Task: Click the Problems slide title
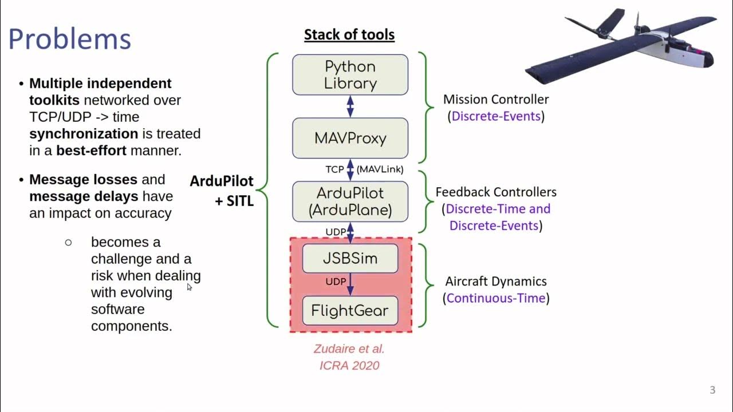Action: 70,39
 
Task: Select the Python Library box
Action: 350,75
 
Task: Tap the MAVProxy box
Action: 350,138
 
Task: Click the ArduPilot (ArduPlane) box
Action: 350,201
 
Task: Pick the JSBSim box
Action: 350,258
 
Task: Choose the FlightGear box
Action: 350,311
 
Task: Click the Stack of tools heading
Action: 349,34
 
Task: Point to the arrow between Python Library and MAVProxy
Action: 350,106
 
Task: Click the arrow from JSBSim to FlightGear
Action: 350,284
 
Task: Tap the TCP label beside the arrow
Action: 334,169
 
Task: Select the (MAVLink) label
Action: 380,169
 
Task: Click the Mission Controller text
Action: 496,100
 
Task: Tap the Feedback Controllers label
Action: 496,192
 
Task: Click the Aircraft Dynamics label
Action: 496,282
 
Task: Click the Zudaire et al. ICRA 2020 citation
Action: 349,357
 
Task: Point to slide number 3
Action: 712,390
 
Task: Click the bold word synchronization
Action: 84,134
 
